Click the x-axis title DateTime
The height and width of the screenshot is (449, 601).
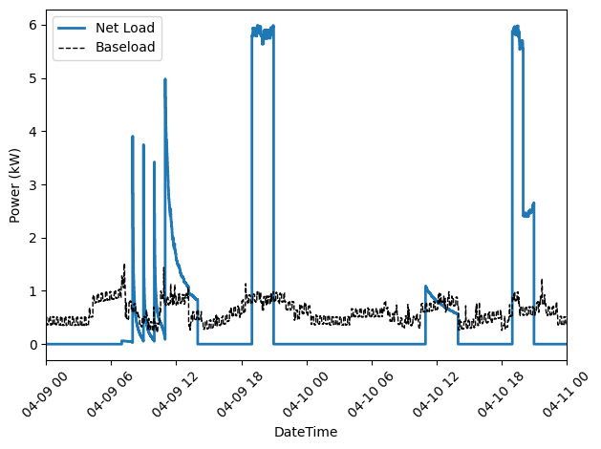(306, 433)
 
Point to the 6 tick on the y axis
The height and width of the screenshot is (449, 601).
(32, 24)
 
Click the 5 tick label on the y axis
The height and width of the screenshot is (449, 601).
(32, 77)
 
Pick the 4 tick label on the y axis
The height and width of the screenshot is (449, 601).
(32, 131)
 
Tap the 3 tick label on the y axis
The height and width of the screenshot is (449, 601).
(32, 184)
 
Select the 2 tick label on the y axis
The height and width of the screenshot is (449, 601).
(32, 238)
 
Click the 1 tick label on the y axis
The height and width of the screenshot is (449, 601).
(32, 291)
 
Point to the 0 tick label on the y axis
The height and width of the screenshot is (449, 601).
(32, 345)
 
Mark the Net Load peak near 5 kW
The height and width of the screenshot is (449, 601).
(165, 80)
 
